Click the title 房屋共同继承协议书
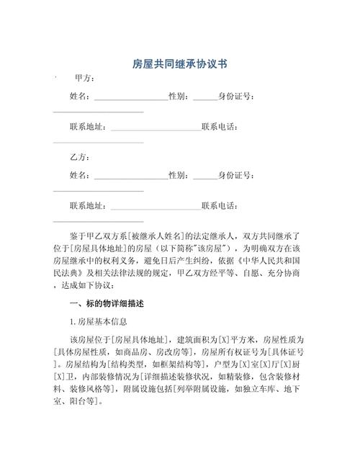tap(179, 64)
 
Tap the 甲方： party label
tap(85, 78)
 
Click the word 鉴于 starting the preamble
tap(78, 236)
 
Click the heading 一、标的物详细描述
tap(104, 303)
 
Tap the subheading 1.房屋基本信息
tap(99, 321)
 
